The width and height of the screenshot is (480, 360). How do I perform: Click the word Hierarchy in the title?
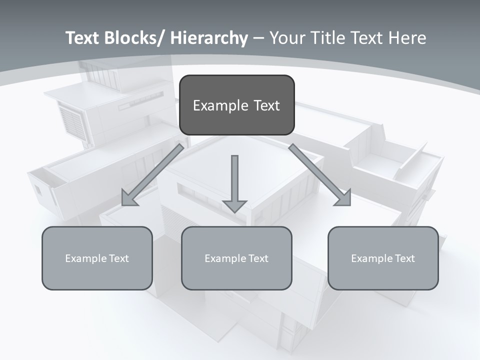pos(209,38)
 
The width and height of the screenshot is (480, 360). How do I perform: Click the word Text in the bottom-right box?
pos(404,258)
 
